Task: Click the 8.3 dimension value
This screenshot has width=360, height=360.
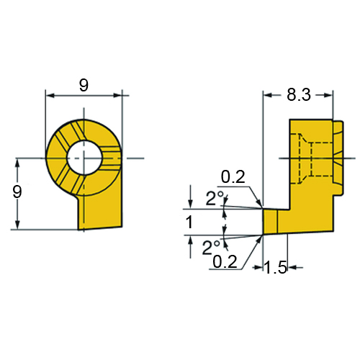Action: pyautogui.click(x=299, y=94)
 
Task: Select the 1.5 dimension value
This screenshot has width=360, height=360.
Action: pyautogui.click(x=276, y=267)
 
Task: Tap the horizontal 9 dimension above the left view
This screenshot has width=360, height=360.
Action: pyautogui.click(x=84, y=85)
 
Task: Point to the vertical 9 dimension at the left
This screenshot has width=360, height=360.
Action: pyautogui.click(x=17, y=192)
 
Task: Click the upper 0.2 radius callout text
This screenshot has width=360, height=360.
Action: pyautogui.click(x=233, y=177)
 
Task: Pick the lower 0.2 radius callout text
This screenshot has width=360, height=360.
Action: pyautogui.click(x=225, y=261)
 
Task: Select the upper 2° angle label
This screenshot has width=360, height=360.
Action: pyautogui.click(x=215, y=199)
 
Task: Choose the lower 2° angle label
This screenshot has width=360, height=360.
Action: pyautogui.click(x=211, y=248)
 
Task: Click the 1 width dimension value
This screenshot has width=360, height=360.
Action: pyautogui.click(x=189, y=222)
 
